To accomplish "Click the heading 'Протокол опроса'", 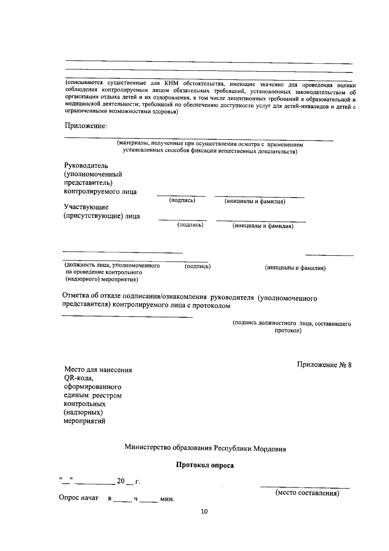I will tap(205, 466).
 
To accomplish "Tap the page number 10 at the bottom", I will tap(204, 512).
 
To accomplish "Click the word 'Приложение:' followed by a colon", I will tap(86, 126).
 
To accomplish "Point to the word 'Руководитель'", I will tap(86, 166).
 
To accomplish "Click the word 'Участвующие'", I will tap(86, 207).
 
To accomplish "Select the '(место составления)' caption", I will tap(307, 493).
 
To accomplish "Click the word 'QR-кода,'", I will tap(79, 378).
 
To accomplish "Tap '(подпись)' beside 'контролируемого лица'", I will tap(182, 200).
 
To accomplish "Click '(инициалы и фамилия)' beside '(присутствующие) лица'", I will tap(263, 226).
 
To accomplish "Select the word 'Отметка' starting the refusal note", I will tap(75, 296).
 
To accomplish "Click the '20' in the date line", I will tap(121, 481).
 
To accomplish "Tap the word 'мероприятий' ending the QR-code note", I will tap(85, 421).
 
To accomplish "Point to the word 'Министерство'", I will tap(145, 448).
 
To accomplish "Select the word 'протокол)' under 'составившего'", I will tap(288, 331).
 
